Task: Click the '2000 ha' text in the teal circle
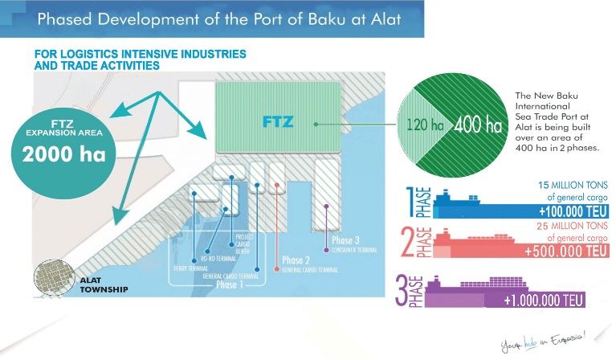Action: [59, 155]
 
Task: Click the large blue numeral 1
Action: [412, 202]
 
